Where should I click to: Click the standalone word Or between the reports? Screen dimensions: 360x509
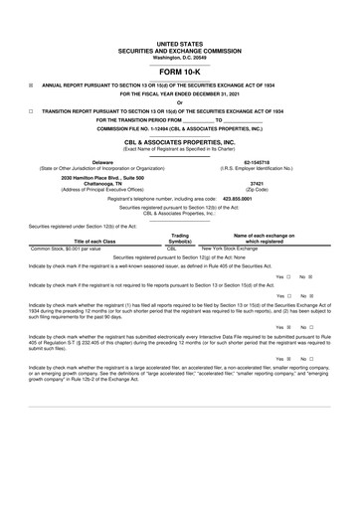point(180,101)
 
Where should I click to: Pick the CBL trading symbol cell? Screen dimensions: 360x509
point(172,249)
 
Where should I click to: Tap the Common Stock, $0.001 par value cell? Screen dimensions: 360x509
point(71,249)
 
